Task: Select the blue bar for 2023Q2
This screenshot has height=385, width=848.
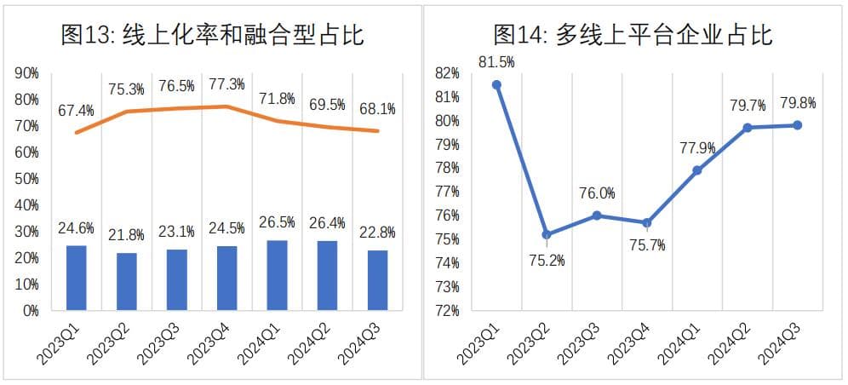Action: tap(127, 281)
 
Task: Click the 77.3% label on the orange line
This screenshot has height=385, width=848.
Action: tap(226, 84)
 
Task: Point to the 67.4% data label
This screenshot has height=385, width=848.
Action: tap(76, 112)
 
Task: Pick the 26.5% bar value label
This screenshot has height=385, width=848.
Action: tap(278, 222)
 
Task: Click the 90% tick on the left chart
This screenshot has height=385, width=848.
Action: tap(27, 73)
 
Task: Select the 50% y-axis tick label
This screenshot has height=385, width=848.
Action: tap(27, 179)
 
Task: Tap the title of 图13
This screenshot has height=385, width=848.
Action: tap(213, 35)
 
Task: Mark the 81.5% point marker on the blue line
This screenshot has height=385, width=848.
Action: tap(496, 84)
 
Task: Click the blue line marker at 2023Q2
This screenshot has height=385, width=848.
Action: tap(547, 234)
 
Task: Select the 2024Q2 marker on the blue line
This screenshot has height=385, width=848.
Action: tap(747, 128)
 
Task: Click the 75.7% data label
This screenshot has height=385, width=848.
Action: tap(647, 245)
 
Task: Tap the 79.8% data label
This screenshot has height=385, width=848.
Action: tap(797, 104)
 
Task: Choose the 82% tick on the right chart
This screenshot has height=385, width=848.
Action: tap(448, 73)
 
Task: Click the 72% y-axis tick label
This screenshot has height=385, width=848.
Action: tap(448, 310)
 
